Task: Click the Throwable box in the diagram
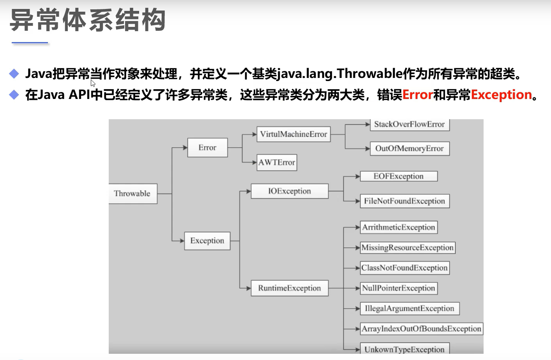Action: click(x=132, y=194)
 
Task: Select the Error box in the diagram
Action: click(x=207, y=148)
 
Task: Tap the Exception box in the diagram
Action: click(x=207, y=241)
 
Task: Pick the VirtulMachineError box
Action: click(x=293, y=134)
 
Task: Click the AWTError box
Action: click(x=277, y=162)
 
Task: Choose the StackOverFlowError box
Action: click(x=409, y=125)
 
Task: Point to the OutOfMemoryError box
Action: click(x=409, y=148)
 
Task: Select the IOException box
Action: click(x=290, y=191)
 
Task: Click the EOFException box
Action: click(x=398, y=176)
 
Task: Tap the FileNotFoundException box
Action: click(x=404, y=201)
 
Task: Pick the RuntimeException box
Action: click(x=290, y=288)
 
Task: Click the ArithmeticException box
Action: click(x=398, y=228)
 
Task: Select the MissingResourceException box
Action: click(x=407, y=248)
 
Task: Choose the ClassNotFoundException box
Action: click(x=404, y=268)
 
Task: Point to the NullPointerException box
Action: click(x=398, y=288)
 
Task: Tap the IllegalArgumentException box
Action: click(x=409, y=309)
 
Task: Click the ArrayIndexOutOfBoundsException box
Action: click(x=421, y=329)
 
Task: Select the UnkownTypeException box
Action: click(x=404, y=349)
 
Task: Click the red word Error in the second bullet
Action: click(x=417, y=95)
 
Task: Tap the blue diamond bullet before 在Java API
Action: click(x=14, y=95)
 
